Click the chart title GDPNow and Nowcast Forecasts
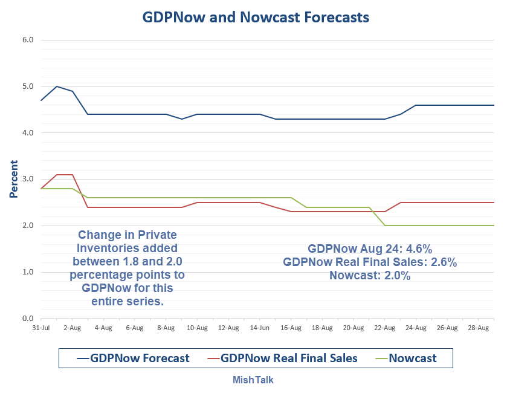click(256, 18)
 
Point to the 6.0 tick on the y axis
click(28, 40)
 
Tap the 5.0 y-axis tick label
click(28, 86)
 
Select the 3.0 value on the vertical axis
click(28, 179)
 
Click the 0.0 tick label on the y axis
click(28, 318)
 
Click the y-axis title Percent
click(13, 179)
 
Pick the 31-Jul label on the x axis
click(40, 328)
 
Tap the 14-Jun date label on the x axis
click(259, 328)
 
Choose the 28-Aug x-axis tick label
click(479, 328)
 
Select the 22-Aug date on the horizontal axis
click(384, 328)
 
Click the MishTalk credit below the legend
click(254, 380)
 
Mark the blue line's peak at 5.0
click(56, 86)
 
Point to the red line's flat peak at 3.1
click(64, 175)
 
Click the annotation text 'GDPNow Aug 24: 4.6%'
click(370, 248)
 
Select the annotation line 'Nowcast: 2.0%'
click(370, 276)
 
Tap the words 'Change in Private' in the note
click(127, 235)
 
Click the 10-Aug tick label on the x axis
click(197, 328)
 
